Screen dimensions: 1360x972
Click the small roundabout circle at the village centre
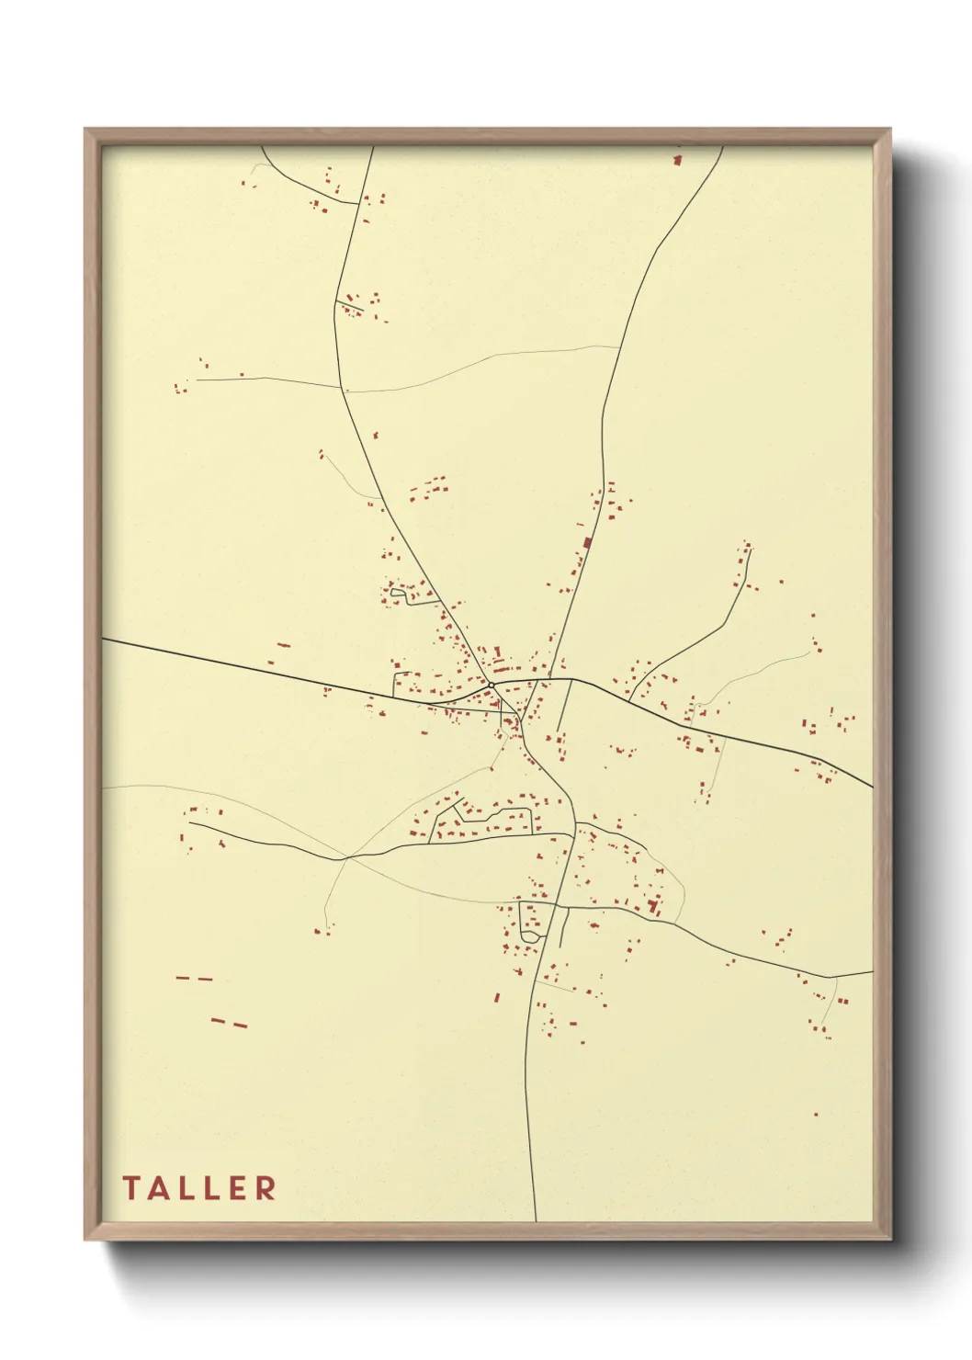[492, 685]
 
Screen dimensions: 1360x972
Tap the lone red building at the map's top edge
[678, 160]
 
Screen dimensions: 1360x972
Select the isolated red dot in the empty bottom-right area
[815, 1115]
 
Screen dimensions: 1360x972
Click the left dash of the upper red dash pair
[182, 978]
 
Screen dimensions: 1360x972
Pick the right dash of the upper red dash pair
[205, 979]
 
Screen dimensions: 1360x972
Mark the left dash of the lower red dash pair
[218, 1020]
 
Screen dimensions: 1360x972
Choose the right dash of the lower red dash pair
[240, 1024]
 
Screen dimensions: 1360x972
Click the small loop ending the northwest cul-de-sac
[397, 596]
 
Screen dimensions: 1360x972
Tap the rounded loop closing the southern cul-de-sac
[530, 935]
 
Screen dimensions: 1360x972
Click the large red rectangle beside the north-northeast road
[586, 542]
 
